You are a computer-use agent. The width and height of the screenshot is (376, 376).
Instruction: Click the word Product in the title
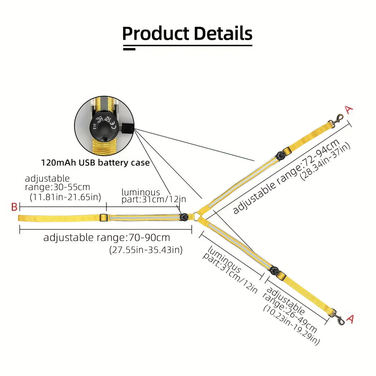point(156,33)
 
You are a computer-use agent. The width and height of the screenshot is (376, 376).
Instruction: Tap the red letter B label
point(14,207)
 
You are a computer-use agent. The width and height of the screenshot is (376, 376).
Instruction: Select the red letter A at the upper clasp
point(349,109)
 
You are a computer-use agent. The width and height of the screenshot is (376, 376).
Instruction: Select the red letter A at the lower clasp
point(350,319)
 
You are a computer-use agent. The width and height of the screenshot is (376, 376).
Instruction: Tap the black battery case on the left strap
point(184,217)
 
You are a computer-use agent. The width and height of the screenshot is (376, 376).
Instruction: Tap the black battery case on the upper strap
point(280,155)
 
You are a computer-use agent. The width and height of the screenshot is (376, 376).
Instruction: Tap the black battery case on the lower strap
point(274,271)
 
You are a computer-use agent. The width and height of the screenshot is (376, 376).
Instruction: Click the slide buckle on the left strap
point(103,218)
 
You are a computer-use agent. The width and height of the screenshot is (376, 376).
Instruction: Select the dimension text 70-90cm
point(149,238)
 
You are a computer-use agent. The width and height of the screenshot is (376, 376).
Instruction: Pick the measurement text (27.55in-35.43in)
point(146,250)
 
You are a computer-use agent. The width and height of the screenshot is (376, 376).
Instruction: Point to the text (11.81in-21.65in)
point(65,197)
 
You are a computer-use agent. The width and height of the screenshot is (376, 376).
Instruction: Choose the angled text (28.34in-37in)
point(325,161)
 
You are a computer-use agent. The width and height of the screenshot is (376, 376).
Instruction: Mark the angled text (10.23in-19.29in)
point(292,325)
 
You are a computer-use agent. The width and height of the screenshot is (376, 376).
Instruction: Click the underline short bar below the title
point(129,49)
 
